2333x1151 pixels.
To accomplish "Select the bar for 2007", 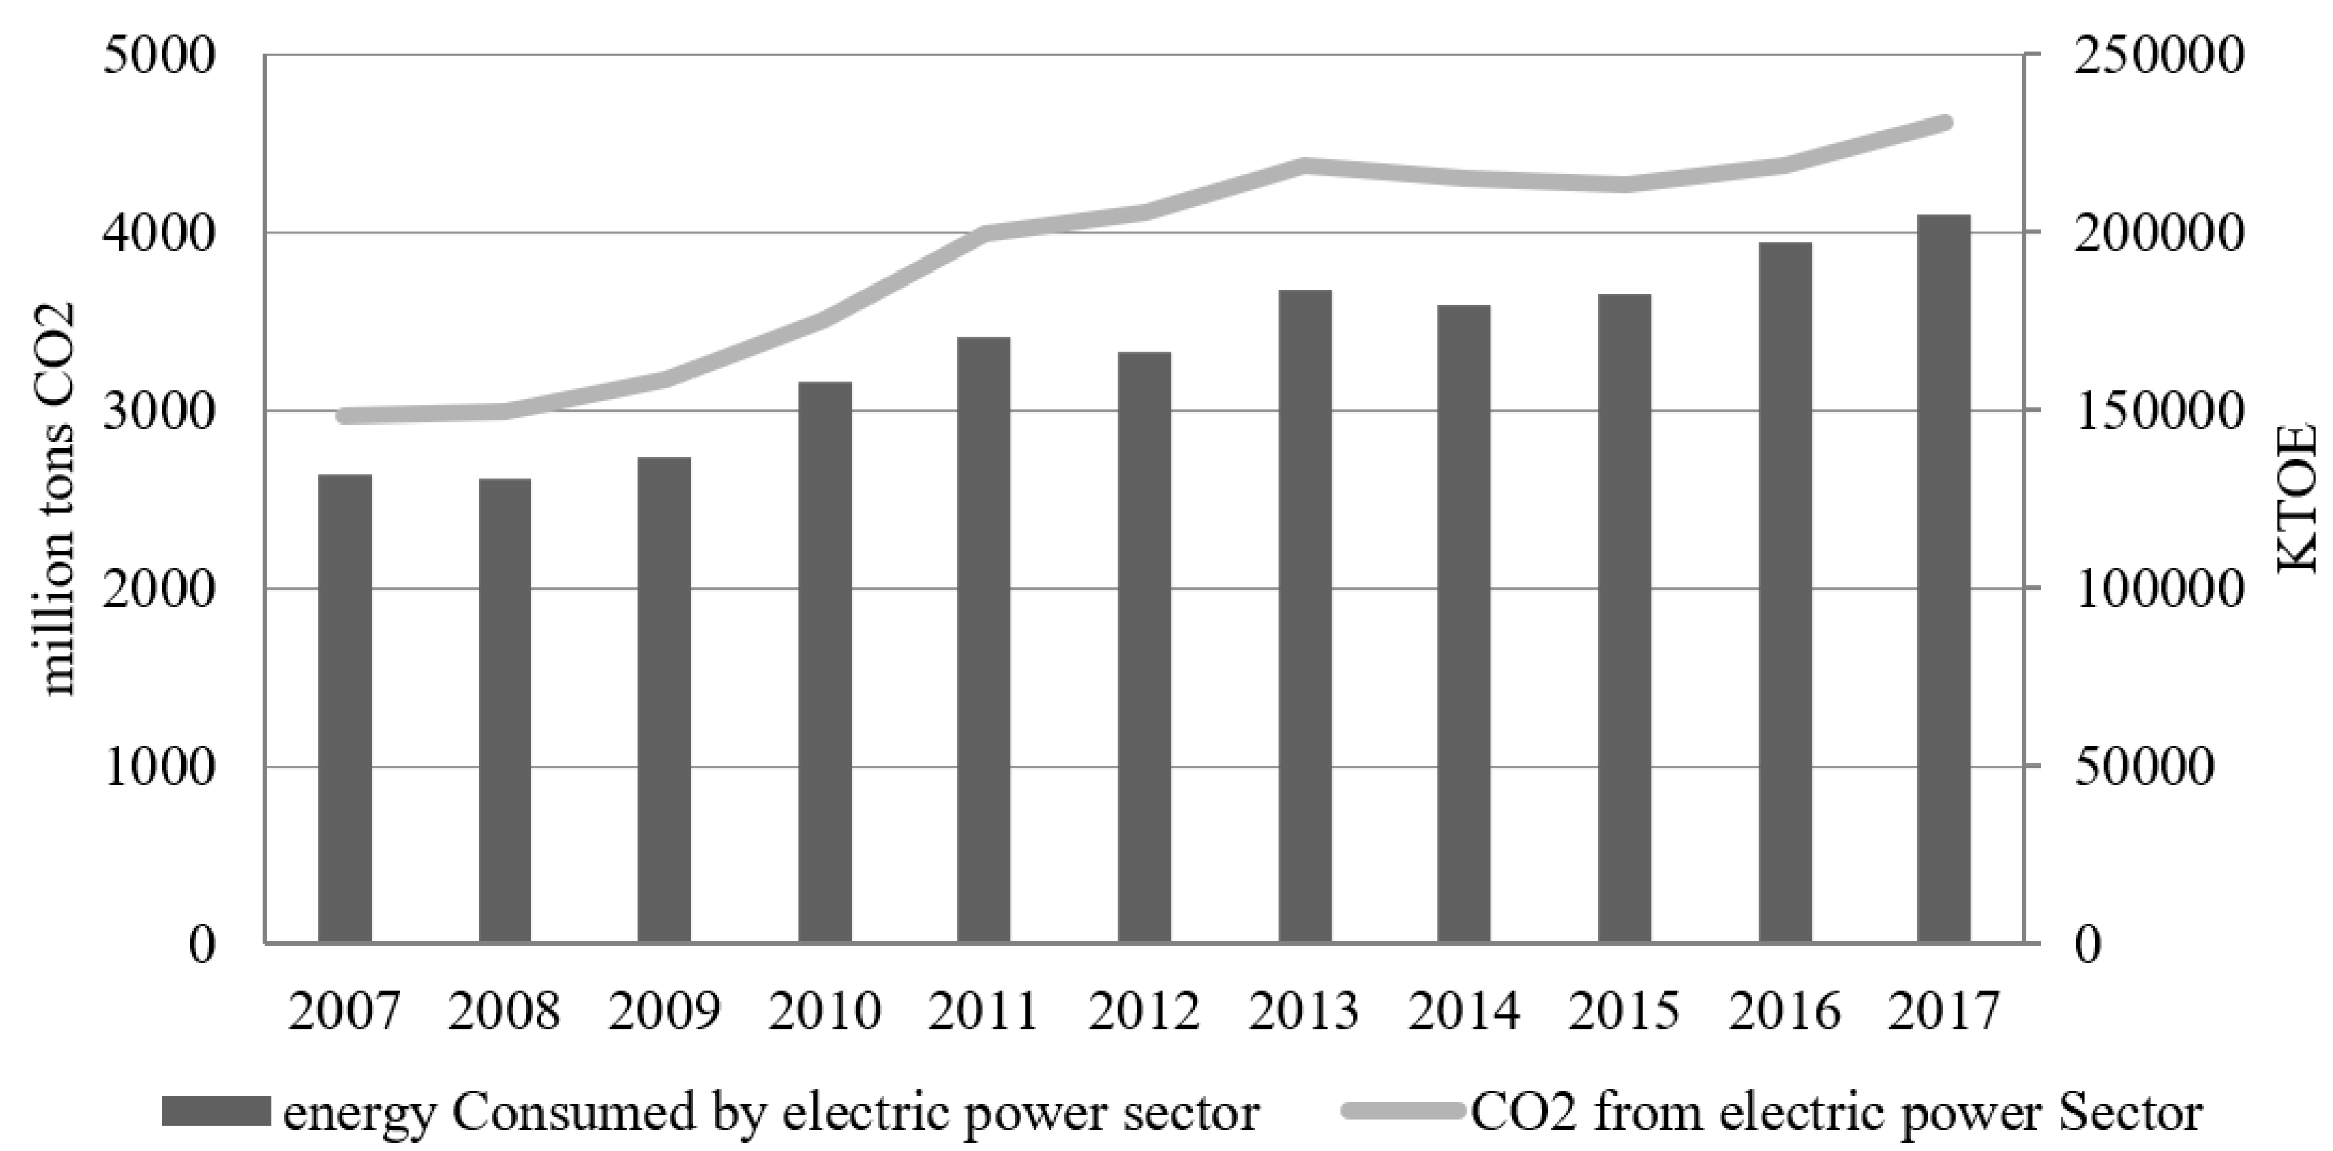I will click(345, 708).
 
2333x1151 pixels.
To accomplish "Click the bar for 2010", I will click(825, 662).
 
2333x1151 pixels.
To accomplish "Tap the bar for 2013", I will click(1305, 616).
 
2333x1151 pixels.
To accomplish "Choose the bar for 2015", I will click(1624, 618).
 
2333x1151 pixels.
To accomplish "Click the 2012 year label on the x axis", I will click(1144, 1011).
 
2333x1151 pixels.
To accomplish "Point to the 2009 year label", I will click(664, 1011).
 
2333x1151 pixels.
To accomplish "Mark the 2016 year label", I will click(1783, 1011).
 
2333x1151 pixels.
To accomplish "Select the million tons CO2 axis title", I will click(59, 498).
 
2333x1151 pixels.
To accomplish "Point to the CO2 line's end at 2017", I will click(1943, 123).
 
